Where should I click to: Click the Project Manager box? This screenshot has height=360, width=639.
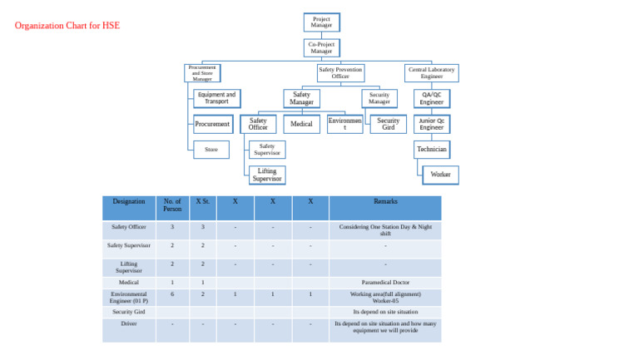[321, 22]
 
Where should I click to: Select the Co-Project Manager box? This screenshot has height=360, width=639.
[321, 48]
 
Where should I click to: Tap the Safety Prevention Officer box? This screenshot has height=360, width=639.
[340, 73]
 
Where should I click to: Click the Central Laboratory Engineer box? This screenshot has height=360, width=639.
[431, 73]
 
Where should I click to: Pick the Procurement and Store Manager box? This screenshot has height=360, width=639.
[202, 73]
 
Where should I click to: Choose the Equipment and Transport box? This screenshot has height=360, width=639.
[217, 99]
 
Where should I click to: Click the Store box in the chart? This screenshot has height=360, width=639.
[212, 150]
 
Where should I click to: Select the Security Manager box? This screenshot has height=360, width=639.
[379, 99]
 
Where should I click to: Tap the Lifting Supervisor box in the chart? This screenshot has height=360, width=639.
[267, 175]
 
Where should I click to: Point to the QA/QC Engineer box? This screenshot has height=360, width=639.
[432, 99]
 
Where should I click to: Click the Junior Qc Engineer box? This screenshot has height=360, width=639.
[432, 125]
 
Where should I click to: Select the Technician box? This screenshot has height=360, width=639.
[432, 150]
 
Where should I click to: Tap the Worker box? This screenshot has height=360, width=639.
[441, 175]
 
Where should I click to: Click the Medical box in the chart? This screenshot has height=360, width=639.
[301, 125]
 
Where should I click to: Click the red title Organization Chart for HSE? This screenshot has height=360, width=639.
[67, 26]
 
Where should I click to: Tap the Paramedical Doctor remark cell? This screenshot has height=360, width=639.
[385, 283]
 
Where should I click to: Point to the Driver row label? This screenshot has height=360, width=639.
[129, 324]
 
